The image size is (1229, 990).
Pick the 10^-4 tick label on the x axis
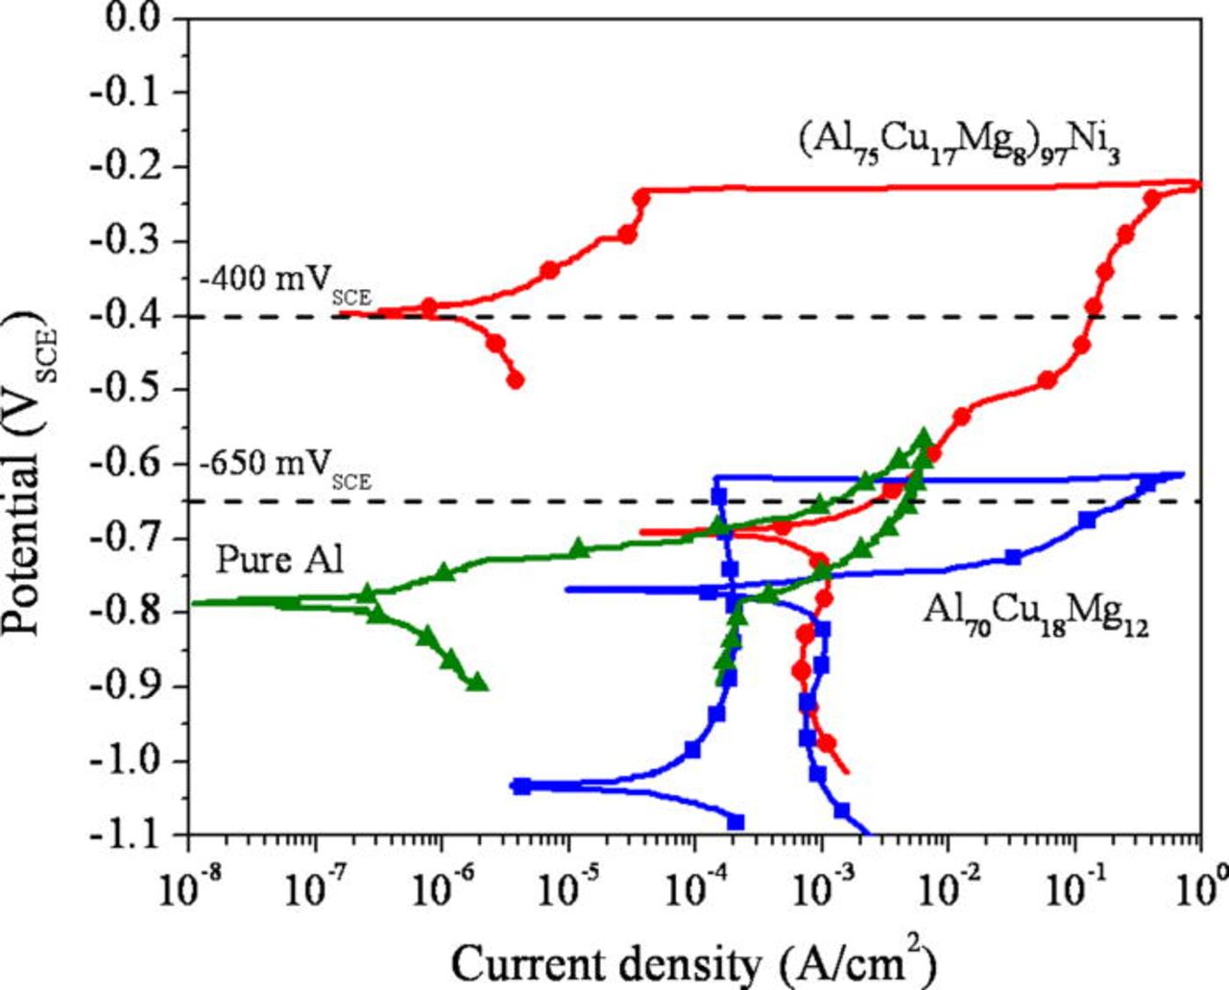pos(693,880)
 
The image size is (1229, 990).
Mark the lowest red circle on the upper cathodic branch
pos(515,380)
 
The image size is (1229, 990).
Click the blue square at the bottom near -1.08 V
pos(736,822)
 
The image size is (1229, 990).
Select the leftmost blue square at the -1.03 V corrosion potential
pos(521,785)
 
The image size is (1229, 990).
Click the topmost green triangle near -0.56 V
pos(925,437)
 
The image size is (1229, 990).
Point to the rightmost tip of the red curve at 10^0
pos(1197,184)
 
